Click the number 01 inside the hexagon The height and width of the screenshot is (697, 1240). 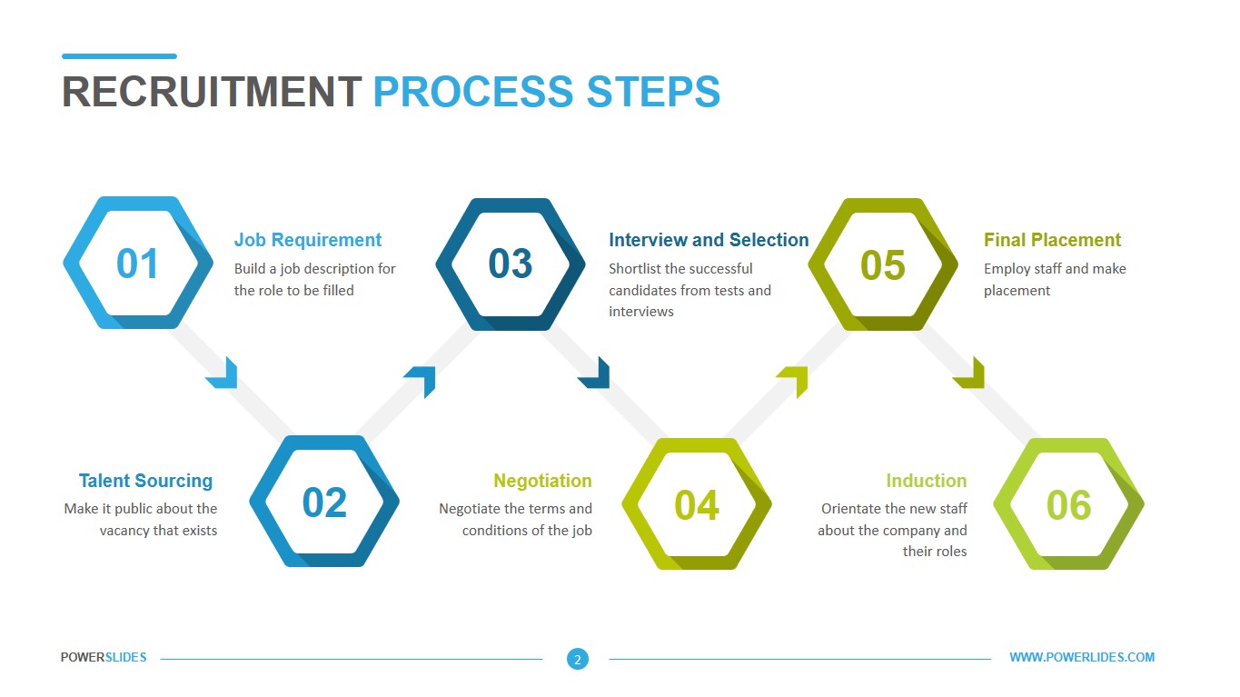(137, 264)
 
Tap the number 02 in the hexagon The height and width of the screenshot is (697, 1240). (324, 503)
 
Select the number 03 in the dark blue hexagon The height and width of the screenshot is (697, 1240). (510, 264)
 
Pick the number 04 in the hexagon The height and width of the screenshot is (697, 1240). (697, 505)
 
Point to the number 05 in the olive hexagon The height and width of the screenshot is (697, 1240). (882, 265)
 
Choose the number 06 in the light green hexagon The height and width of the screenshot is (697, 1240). (1068, 505)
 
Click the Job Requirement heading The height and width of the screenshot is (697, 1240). (308, 240)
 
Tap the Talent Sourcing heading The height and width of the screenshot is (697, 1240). (145, 481)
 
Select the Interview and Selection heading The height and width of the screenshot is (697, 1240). (709, 240)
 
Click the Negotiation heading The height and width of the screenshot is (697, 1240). (542, 481)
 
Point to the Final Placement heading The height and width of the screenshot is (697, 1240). (1052, 240)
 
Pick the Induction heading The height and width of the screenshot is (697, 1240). (926, 481)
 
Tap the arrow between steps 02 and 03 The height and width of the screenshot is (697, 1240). (422, 379)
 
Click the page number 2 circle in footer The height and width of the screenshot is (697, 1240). (578, 659)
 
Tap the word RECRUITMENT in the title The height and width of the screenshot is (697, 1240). (212, 92)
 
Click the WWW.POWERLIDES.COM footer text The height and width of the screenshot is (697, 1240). (1082, 657)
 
